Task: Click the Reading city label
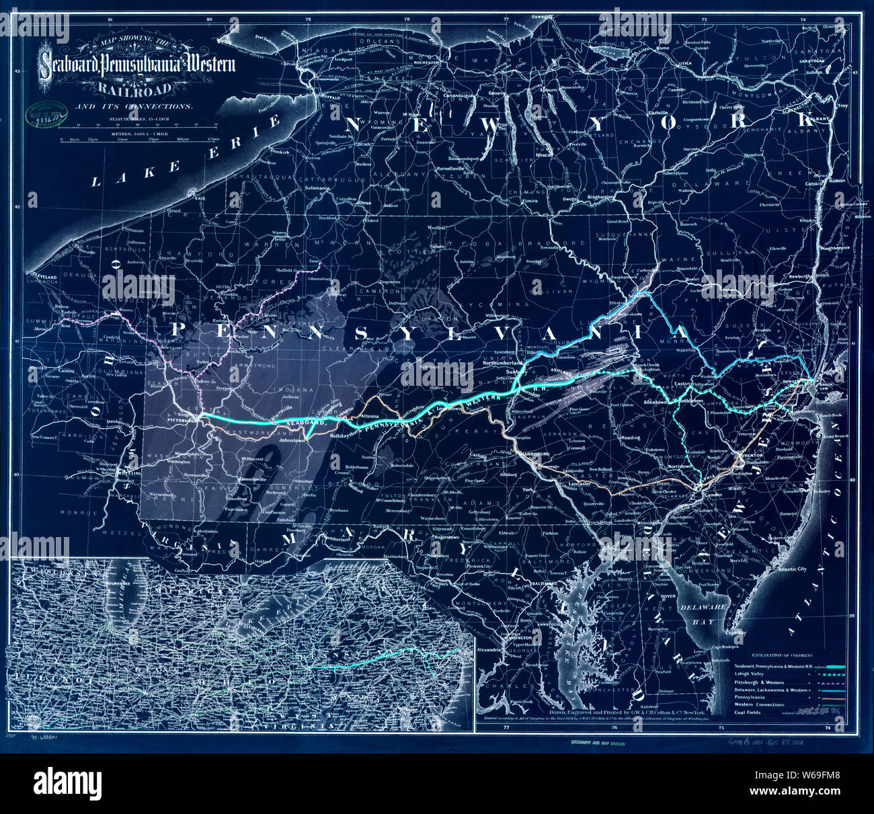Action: point(630,438)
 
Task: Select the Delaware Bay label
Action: point(713,612)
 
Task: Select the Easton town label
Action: point(683,384)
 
